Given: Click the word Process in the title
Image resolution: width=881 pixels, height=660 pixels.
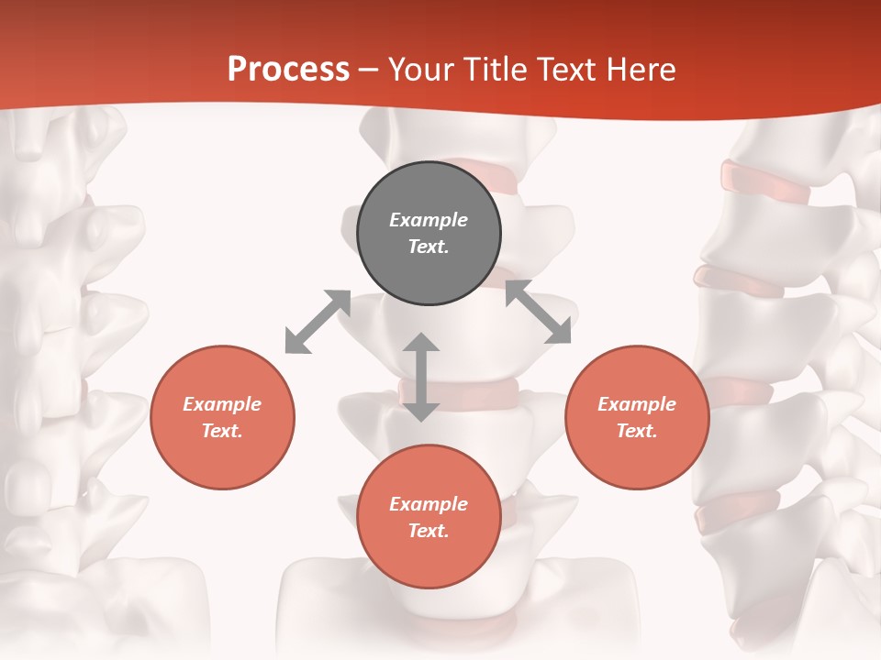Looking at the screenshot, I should pyautogui.click(x=288, y=70).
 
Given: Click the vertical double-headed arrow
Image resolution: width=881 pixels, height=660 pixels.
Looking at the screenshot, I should pyautogui.click(x=421, y=377).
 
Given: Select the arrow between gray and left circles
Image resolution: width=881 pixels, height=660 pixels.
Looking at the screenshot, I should pyautogui.click(x=318, y=322).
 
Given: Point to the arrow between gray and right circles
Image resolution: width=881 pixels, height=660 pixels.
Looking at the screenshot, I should pyautogui.click(x=539, y=313).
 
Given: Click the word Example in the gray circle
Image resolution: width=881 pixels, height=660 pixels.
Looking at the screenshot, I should pyautogui.click(x=429, y=220).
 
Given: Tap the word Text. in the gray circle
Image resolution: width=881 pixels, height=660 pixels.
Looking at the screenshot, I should pyautogui.click(x=429, y=247).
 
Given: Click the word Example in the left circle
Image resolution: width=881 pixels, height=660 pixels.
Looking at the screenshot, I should pyautogui.click(x=222, y=404).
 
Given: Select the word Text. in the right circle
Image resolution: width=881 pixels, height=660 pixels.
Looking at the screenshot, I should pyautogui.click(x=637, y=431).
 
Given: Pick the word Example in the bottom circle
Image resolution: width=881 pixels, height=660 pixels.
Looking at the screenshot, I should pyautogui.click(x=429, y=504).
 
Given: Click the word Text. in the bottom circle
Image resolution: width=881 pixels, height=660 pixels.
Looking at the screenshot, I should pyautogui.click(x=429, y=531).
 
